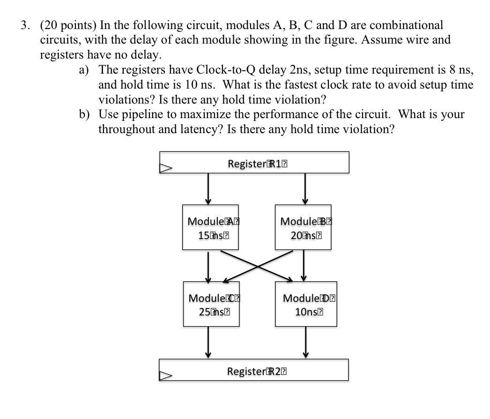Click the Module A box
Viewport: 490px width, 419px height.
(210, 227)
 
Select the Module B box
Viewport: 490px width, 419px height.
(303, 227)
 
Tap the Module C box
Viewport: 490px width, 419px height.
(211, 304)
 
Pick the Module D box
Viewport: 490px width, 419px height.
(306, 304)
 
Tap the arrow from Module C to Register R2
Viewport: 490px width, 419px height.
(208, 343)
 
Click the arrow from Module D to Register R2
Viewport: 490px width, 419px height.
(306, 343)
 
